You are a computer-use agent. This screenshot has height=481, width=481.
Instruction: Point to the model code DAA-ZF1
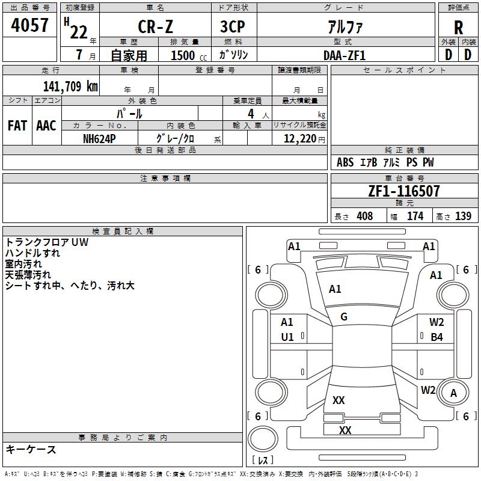tap(345, 55)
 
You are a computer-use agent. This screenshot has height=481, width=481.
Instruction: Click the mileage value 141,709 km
tap(70, 86)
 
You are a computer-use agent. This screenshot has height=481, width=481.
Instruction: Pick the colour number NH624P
tap(99, 138)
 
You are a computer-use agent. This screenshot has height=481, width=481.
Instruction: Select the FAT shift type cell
tap(17, 126)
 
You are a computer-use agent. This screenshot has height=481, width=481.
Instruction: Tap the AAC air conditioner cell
tap(46, 126)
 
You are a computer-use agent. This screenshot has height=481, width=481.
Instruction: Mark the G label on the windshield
tap(344, 317)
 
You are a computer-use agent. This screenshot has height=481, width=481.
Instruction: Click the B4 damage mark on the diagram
tap(437, 337)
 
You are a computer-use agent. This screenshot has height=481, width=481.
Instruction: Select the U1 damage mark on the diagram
tap(287, 337)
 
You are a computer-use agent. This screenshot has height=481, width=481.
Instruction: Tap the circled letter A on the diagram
tap(454, 393)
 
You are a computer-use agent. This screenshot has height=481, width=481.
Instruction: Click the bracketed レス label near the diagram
tap(262, 461)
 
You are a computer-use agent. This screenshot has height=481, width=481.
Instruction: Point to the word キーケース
tap(31, 449)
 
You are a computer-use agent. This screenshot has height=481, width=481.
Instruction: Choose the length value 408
tap(364, 216)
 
